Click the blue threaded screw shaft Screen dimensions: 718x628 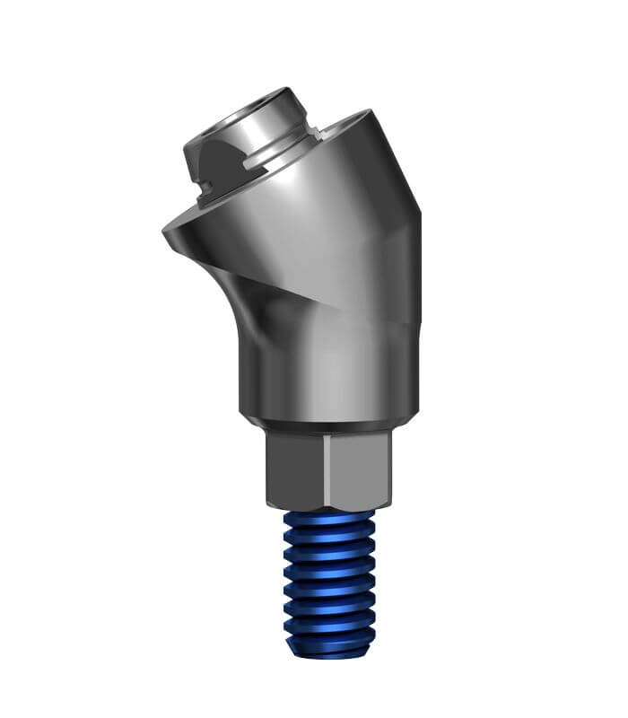pos(328,574)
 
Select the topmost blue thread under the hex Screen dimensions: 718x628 pos(328,519)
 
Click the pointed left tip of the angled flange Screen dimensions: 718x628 pos(165,232)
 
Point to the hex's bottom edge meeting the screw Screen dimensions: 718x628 pos(328,507)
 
